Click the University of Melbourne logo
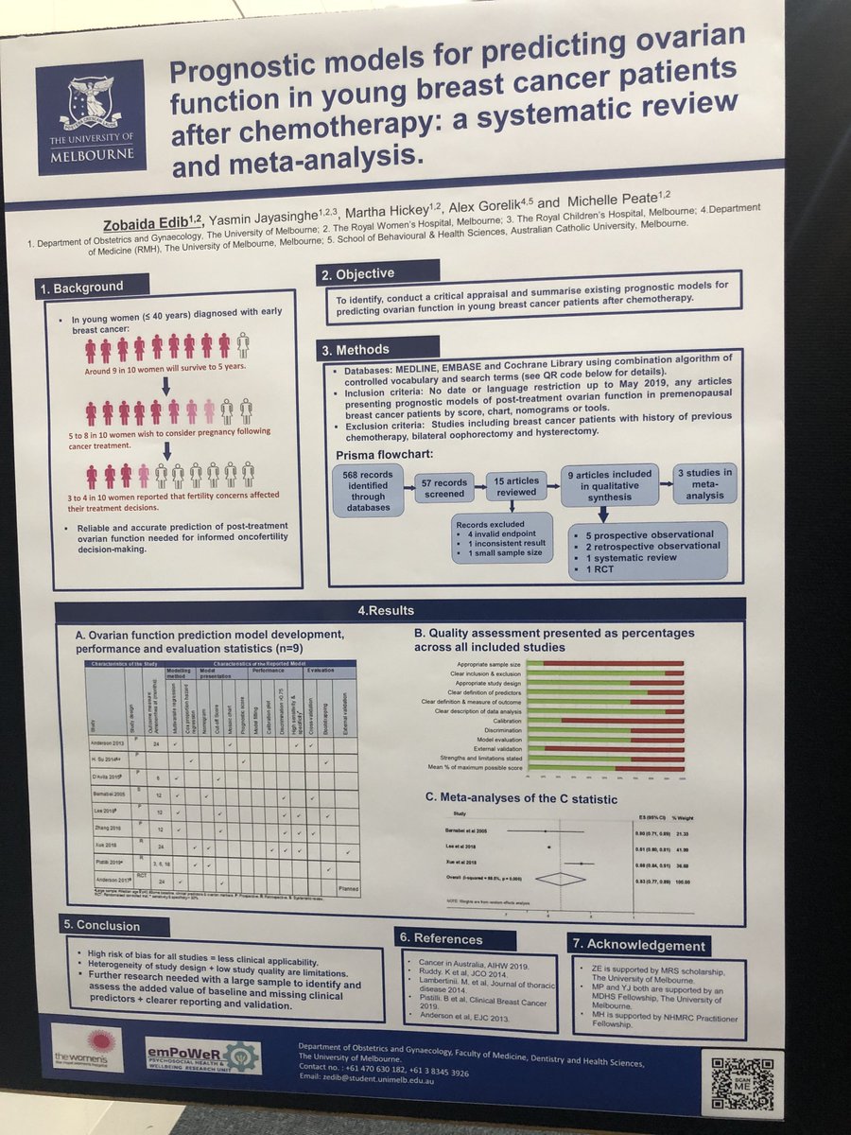coord(91,117)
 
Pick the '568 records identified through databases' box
coord(370,488)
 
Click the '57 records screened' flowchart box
coord(443,488)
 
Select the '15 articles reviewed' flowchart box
coord(518,485)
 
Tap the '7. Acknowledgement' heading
coord(638,944)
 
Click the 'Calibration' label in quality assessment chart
coord(500,721)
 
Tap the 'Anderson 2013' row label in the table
coord(106,745)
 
